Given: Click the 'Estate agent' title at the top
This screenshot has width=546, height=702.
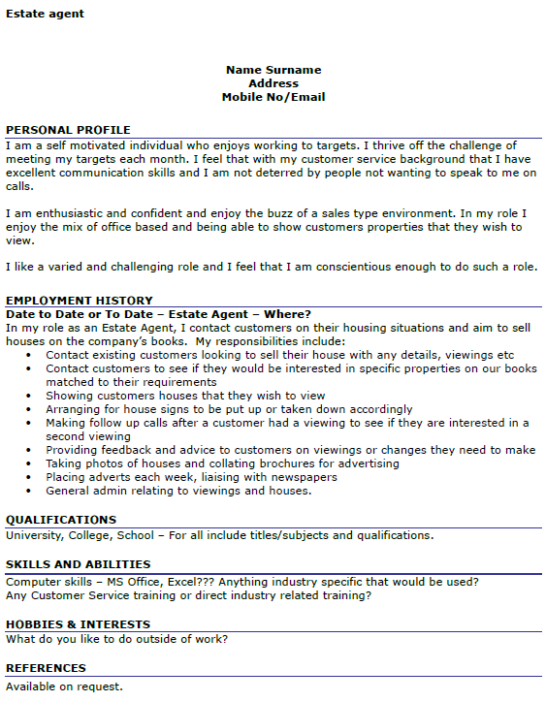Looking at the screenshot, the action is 45,14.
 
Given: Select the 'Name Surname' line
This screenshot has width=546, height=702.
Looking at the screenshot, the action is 273,70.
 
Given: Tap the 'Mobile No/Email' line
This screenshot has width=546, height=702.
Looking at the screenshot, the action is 273,97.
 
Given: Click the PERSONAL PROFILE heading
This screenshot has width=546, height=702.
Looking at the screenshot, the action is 68,130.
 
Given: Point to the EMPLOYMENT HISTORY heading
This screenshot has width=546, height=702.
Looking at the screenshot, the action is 79,301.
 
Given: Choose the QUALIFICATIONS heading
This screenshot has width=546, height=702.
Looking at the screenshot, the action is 61,520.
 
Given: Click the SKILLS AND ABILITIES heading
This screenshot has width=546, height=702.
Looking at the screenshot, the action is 78,564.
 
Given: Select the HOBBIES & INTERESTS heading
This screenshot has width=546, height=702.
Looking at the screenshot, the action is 78,624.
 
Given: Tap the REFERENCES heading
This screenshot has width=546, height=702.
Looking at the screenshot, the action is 46,668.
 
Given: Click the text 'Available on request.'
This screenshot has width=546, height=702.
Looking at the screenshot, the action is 64,686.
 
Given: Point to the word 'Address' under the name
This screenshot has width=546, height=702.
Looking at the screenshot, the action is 273,83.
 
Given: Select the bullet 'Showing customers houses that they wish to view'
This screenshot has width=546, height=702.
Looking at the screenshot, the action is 185,396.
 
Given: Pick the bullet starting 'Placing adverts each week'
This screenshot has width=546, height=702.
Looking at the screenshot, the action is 191,477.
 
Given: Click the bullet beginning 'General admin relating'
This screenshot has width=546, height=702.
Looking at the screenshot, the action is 178,491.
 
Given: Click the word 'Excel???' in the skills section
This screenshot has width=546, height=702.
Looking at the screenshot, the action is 189,582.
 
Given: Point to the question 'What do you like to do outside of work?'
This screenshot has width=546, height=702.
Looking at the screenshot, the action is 117,639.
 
